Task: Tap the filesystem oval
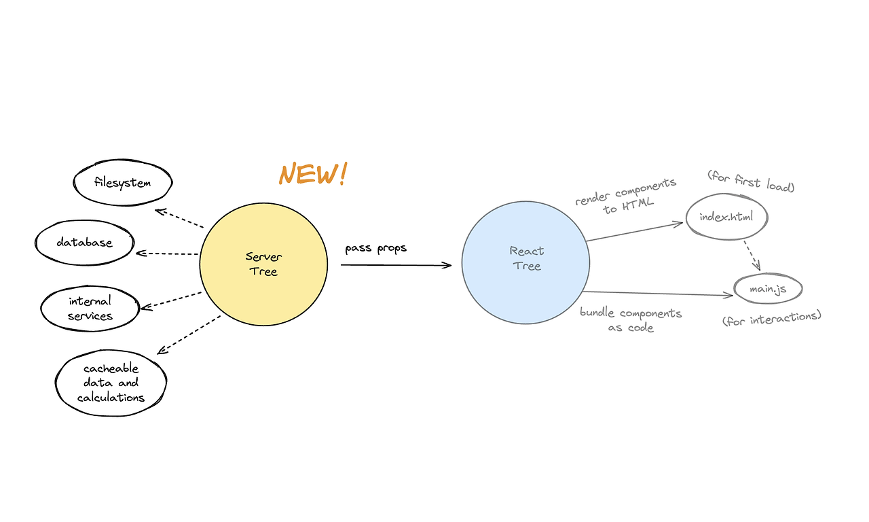[123, 183]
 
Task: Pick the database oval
[85, 243]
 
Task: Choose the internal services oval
[90, 308]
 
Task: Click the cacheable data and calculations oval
[111, 383]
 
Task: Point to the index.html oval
[726, 217]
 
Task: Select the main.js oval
[768, 290]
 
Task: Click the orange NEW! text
[312, 174]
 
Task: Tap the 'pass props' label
[375, 248]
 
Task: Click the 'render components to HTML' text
[626, 196]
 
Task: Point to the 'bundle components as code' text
[631, 320]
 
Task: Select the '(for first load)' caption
[750, 181]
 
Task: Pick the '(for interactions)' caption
[772, 317]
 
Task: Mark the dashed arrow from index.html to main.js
[750, 256]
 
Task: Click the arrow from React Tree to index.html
[633, 231]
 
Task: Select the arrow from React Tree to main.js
[659, 293]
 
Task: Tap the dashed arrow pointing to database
[168, 254]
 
